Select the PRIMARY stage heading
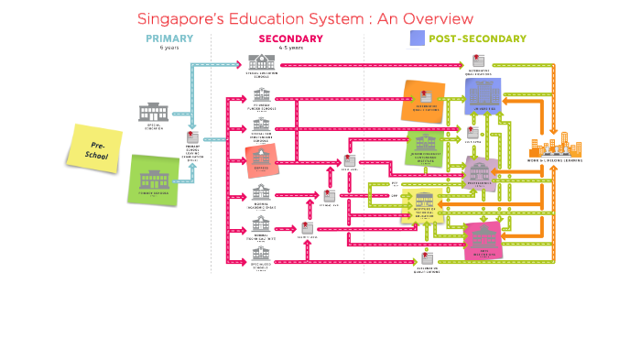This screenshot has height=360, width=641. [169, 38]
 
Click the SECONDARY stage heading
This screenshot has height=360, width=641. [290, 38]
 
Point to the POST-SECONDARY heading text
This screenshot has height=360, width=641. [477, 38]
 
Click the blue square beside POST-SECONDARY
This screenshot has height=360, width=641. [418, 38]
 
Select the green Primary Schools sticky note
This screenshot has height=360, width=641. [154, 179]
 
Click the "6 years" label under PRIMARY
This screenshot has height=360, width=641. [169, 48]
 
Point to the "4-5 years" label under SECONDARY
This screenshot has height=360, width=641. [290, 48]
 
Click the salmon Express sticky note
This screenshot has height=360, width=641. [261, 160]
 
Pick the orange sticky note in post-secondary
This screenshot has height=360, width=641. [423, 101]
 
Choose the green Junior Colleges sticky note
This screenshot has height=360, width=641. [425, 147]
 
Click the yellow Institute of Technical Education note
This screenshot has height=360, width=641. [423, 205]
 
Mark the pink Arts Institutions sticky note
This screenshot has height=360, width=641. [483, 238]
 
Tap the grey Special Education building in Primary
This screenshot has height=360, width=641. [154, 113]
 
